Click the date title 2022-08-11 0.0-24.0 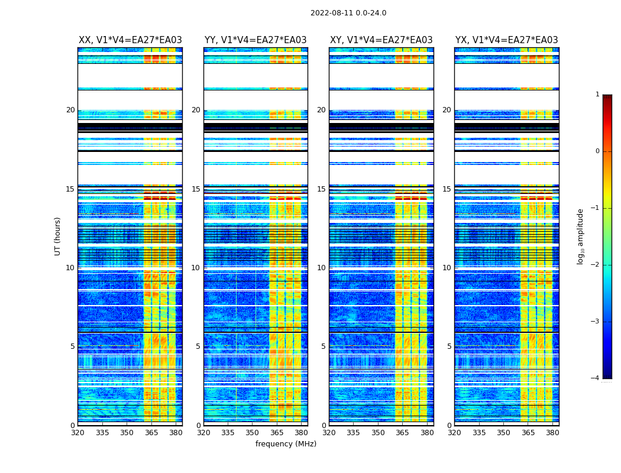click(348, 13)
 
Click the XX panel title click(130, 40)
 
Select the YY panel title click(255, 40)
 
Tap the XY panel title click(381, 40)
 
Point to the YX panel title click(506, 40)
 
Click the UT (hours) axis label click(58, 236)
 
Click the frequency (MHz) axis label click(286, 444)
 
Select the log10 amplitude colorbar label click(581, 236)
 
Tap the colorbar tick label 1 click(597, 95)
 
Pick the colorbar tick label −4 click(596, 378)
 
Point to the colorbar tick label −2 click(596, 265)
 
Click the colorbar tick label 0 click(597, 151)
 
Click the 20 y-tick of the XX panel click(70, 110)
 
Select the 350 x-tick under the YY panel click(253, 433)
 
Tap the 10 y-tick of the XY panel click(321, 268)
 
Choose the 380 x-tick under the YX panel click(552, 433)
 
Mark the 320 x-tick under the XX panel click(78, 433)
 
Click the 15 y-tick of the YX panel click(447, 189)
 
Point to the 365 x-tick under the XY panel click(402, 433)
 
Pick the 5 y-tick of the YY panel click(198, 346)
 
